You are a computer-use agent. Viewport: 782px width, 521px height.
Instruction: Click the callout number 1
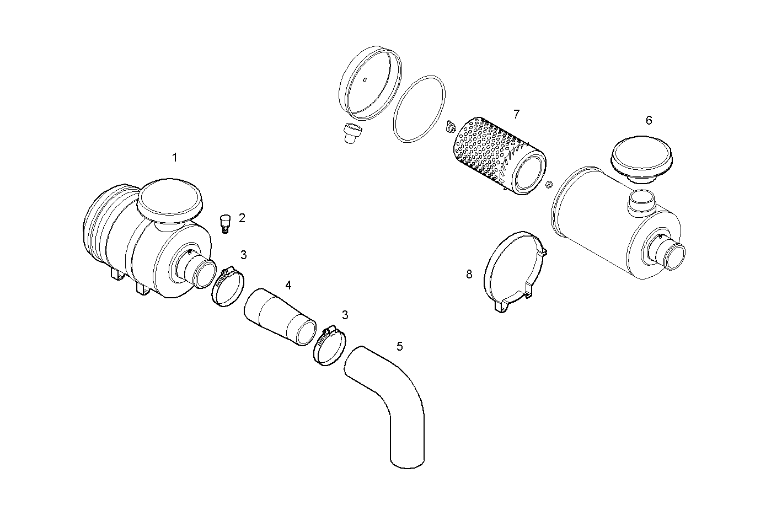pos(174,158)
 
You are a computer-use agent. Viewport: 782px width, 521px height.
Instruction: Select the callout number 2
pos(242,218)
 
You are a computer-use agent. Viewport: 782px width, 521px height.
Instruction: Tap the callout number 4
pos(288,285)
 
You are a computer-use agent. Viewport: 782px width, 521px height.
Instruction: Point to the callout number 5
pos(399,346)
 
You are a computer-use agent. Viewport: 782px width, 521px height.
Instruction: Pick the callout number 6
pos(649,120)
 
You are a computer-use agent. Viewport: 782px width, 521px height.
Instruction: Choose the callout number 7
pos(516,114)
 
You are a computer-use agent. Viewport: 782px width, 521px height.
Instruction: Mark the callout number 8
pos(469,274)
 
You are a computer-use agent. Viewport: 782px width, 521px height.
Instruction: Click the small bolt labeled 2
pos(224,223)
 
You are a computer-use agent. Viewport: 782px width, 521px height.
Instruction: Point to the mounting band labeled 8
pos(513,270)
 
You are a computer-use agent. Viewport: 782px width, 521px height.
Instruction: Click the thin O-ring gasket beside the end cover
pos(419,109)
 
